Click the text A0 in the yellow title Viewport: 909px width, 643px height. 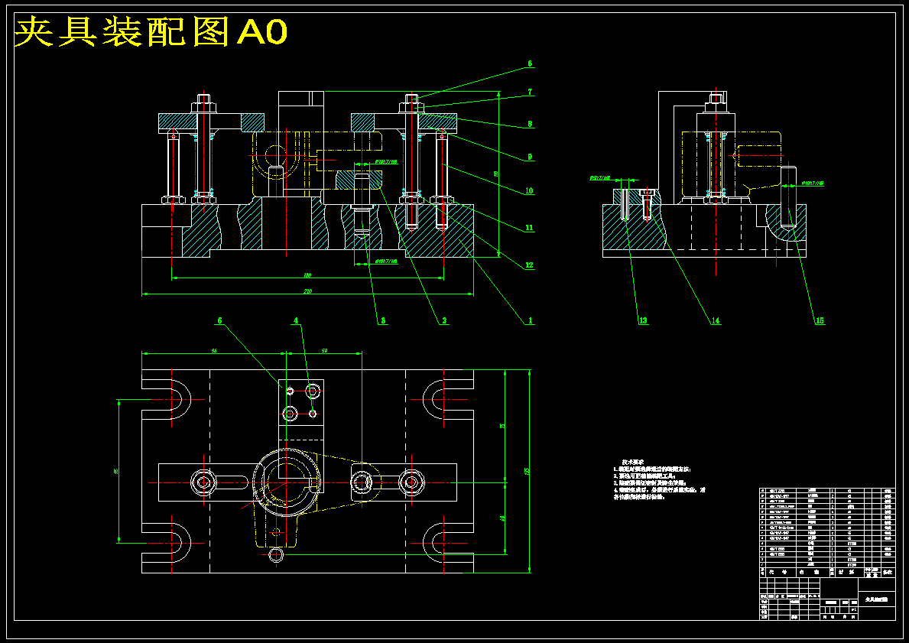coord(263,32)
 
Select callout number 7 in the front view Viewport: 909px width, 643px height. coord(530,92)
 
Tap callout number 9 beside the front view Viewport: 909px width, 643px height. coord(530,158)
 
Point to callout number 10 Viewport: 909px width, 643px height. coord(529,191)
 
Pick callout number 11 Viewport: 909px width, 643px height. coord(529,228)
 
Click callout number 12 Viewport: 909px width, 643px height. coord(529,265)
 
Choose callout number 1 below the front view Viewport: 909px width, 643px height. coord(529,321)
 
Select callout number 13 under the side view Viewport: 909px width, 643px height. coord(643,321)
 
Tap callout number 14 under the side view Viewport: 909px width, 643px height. coord(716,321)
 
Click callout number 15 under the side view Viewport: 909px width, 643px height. coord(820,321)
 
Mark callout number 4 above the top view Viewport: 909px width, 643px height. coord(297,321)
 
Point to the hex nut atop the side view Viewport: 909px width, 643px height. coord(715,99)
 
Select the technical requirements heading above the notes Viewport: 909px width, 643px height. coord(635,462)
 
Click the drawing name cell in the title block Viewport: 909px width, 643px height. coord(875,601)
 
